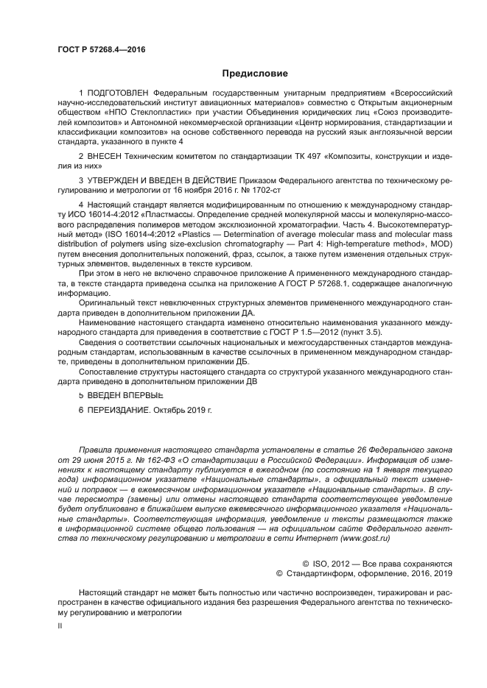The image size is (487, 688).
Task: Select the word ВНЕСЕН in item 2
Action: [x=108, y=157]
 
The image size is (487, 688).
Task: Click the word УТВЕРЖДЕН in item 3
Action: [x=116, y=179]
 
